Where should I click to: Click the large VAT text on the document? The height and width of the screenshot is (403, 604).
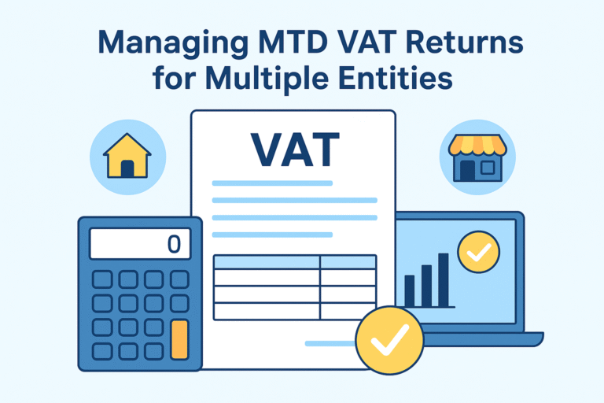click(294, 150)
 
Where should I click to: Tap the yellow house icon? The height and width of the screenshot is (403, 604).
click(128, 157)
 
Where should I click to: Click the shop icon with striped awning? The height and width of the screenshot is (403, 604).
click(477, 157)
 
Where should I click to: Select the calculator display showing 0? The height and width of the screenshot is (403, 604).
click(140, 243)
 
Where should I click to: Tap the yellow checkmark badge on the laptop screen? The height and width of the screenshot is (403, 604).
click(478, 253)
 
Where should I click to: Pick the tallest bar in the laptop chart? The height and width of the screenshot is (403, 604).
click(444, 279)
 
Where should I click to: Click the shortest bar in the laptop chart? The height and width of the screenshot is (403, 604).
click(410, 290)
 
